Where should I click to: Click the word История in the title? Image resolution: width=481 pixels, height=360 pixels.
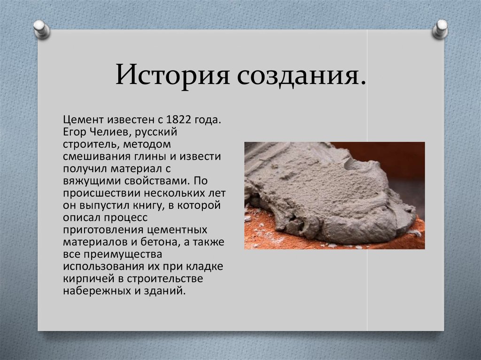pos(172,75)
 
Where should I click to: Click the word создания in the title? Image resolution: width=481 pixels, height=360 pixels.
pos(297,75)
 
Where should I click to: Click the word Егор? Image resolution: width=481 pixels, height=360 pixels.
pos(75,132)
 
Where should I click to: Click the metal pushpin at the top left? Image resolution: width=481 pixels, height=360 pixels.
pos(41,30)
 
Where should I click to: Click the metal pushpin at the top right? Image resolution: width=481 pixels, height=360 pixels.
pos(440,29)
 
